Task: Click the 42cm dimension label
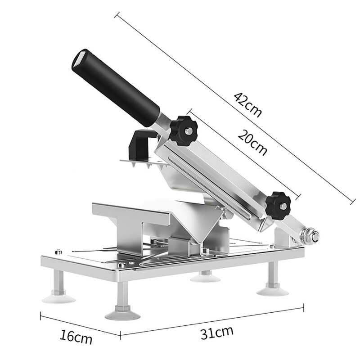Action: click(x=247, y=105)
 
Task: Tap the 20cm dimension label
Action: click(x=252, y=143)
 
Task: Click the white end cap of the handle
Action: click(x=81, y=59)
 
